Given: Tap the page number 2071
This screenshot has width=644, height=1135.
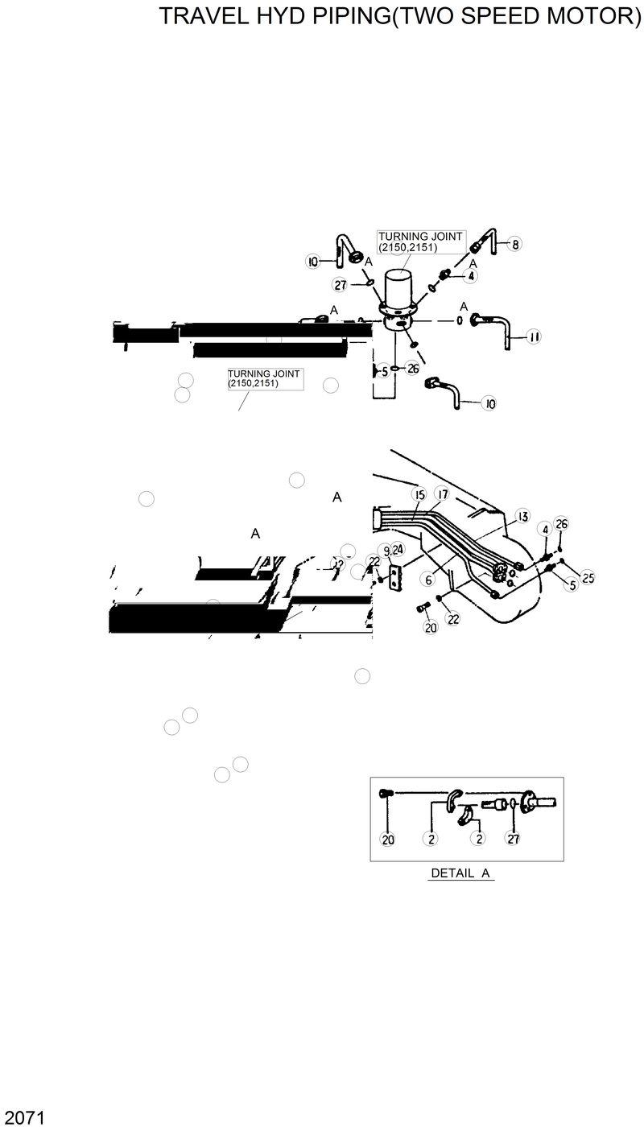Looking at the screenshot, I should point(23,1118).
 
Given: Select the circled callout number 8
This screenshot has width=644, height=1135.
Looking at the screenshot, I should point(515,243).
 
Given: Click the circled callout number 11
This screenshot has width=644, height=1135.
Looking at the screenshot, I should point(533,337).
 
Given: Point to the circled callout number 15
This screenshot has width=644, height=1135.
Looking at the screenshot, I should point(419,493).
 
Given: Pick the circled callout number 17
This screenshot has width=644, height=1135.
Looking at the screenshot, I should point(442,493).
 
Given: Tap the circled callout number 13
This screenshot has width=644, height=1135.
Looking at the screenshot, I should point(522,516).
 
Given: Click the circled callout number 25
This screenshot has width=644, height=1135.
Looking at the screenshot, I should point(588,578).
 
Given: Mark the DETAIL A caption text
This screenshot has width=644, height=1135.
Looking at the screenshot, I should point(461,873).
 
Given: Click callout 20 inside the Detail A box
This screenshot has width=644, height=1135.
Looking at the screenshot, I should point(388,839).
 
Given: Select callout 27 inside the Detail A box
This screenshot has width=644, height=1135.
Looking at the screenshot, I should point(513,839).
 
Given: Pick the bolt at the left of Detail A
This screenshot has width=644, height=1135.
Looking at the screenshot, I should point(386,794).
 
